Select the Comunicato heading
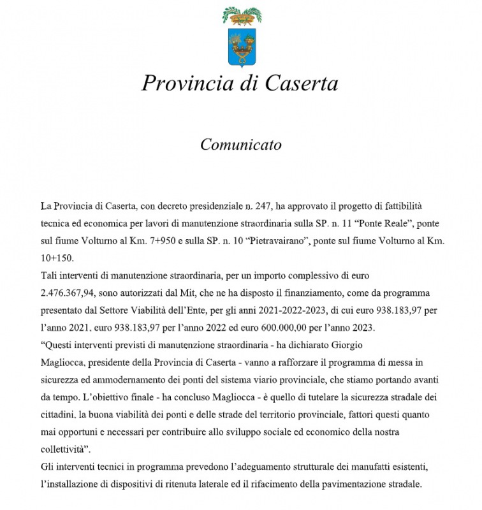click(x=240, y=145)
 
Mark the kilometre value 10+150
click(x=57, y=259)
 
